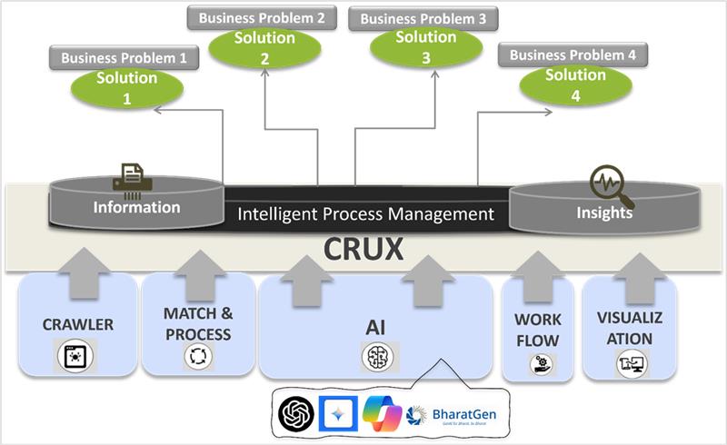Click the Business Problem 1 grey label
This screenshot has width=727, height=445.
(124, 58)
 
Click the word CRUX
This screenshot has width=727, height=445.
(364, 250)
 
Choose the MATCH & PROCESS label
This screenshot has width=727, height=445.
(197, 323)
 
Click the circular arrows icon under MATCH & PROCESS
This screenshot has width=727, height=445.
(197, 357)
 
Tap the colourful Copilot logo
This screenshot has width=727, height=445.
(382, 413)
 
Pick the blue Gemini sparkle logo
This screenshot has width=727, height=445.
(336, 413)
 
